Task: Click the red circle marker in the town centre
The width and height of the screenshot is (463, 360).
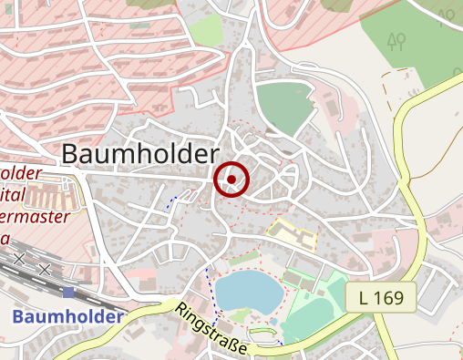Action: [x=231, y=179]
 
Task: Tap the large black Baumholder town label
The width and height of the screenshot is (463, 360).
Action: [x=141, y=155]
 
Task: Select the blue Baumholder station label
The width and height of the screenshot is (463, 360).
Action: [x=68, y=316]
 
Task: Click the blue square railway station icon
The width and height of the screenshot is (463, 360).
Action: [x=68, y=293]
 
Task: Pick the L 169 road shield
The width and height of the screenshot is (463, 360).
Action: [x=380, y=296]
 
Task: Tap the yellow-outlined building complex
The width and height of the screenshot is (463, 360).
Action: [x=293, y=233]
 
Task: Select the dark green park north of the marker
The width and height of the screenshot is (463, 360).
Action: [x=284, y=108]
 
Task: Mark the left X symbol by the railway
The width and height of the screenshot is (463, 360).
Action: [x=19, y=260]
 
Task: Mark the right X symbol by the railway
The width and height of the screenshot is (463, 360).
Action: [x=45, y=269]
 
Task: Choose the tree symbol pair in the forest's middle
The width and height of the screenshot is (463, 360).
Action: [x=396, y=40]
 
